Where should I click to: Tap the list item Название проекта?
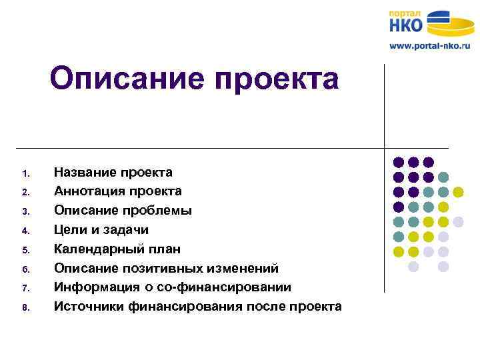point(113,173)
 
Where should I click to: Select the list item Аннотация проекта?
point(117,191)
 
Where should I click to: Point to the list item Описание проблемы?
point(123,211)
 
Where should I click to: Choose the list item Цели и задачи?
point(101,230)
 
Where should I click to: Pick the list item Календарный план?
point(117,249)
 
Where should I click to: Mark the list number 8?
point(25,308)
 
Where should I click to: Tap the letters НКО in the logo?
point(407,25)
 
